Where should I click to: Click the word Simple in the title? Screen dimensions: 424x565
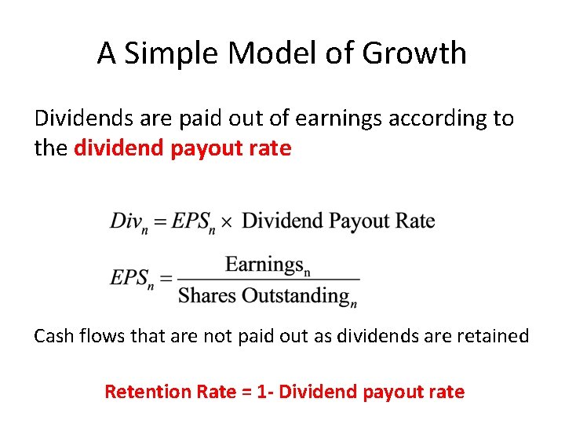tap(166, 54)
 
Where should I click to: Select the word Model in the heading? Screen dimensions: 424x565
tap(261, 54)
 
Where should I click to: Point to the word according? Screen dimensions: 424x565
tap(447, 119)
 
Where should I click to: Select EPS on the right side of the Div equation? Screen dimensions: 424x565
tap(191, 220)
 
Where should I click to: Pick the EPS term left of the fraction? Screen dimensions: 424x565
tap(131, 278)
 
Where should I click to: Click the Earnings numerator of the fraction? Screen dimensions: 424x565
tap(267, 265)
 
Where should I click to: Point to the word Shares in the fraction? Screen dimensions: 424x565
tap(206, 295)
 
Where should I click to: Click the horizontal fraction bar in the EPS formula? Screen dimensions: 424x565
tap(268, 280)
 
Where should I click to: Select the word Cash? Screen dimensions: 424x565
tap(53, 336)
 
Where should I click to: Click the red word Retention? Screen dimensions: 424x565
tap(144, 391)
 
